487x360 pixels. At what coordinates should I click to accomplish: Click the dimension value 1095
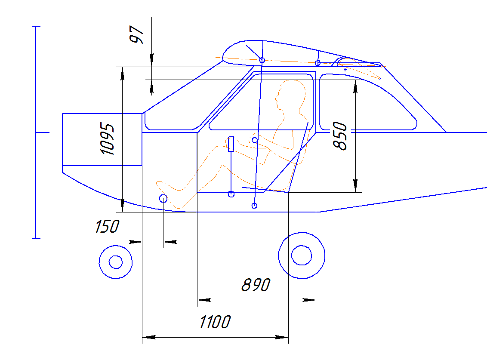pos(107,139)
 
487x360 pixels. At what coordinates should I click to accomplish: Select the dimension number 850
pos(339,136)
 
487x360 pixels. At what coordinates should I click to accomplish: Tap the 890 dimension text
pos(256,285)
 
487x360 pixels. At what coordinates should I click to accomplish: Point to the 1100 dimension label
pos(215,322)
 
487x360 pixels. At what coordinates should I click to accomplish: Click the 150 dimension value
pos(107,226)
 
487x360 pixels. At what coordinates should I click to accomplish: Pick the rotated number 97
pos(136,34)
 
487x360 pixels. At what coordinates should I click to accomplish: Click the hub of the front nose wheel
pos(116,262)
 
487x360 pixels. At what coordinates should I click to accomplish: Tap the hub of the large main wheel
pos(302,255)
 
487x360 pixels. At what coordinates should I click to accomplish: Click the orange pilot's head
pos(290,93)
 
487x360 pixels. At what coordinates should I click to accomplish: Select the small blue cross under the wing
pos(345,70)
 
